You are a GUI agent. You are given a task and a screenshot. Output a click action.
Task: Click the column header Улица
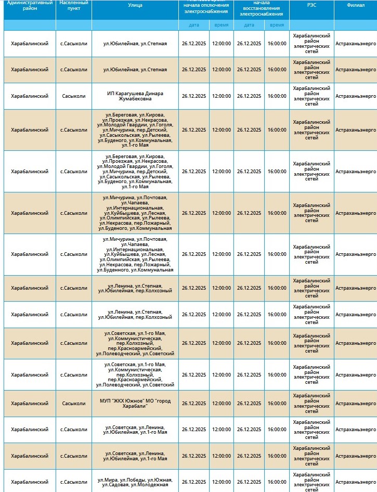click(135, 5)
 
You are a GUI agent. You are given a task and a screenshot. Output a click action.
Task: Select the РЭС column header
click(311, 5)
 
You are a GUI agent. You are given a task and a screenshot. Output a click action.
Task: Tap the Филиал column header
click(355, 5)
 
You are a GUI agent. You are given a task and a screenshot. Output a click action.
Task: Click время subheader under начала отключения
click(222, 25)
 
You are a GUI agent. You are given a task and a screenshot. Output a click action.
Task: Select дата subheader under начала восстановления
click(249, 25)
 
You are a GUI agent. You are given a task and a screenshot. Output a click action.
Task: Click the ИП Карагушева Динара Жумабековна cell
click(135, 96)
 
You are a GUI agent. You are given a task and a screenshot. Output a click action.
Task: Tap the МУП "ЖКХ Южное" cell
click(135, 404)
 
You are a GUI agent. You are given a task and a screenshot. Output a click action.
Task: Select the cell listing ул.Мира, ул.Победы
click(135, 482)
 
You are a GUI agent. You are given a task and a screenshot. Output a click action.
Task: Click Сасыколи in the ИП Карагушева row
click(74, 96)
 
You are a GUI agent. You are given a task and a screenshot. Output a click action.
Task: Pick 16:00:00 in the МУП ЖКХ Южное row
click(277, 404)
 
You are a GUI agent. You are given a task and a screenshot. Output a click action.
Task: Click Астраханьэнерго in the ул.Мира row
click(355, 482)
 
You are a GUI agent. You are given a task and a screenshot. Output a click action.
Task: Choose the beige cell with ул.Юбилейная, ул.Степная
click(135, 70)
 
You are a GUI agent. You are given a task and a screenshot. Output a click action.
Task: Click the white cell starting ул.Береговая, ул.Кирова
click(135, 172)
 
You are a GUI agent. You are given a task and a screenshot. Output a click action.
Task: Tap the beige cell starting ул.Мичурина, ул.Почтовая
click(135, 213)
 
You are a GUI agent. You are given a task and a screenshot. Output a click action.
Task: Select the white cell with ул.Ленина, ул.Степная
click(135, 315)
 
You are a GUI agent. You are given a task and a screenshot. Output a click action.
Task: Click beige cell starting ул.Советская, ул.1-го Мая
click(135, 343)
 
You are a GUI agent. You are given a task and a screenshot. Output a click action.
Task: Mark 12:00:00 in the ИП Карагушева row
click(222, 96)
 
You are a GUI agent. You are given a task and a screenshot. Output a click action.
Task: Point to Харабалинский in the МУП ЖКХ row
click(30, 404)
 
